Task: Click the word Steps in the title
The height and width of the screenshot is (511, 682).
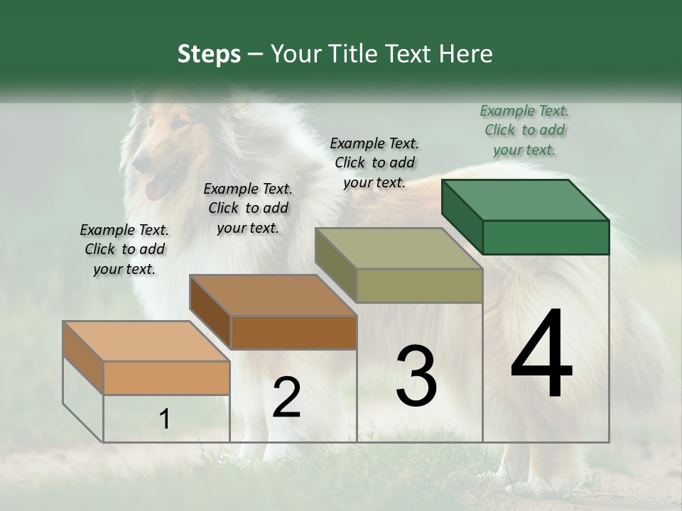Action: pos(209,54)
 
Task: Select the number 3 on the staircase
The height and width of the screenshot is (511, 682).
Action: pos(416,376)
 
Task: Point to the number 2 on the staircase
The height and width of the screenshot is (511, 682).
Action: pos(286,397)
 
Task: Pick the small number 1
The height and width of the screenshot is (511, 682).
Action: pos(164,419)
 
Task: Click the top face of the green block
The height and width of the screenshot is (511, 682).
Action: pos(526,200)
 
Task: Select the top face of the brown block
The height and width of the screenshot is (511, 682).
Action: pos(274,295)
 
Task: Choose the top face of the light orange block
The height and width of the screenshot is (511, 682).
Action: pos(146,341)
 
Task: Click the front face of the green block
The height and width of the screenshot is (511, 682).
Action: pos(546,237)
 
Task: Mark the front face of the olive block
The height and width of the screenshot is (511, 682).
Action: pos(419,286)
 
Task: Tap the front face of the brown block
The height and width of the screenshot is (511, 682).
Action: pos(293,332)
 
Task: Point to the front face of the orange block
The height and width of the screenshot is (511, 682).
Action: pos(166,378)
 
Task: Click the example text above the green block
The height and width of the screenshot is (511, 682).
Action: pos(524,130)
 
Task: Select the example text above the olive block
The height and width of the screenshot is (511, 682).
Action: pos(374,163)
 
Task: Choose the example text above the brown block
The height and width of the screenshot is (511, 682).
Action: pos(248,208)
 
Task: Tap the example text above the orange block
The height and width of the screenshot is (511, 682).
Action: pos(124,249)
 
